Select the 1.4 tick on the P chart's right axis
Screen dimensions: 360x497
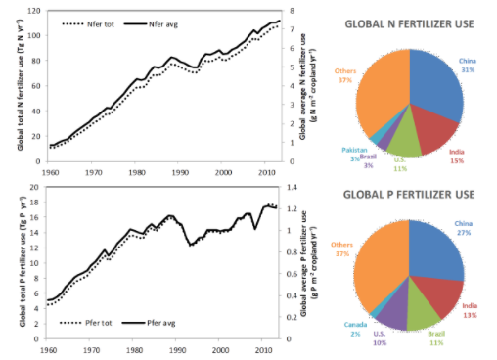point(289,187)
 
